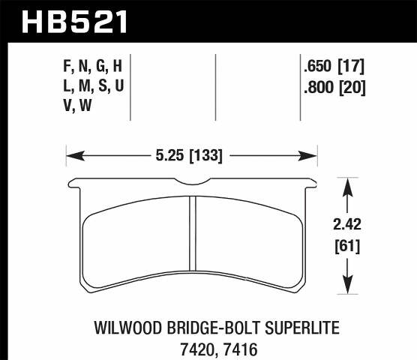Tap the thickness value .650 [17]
[337, 66]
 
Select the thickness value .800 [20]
[337, 86]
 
